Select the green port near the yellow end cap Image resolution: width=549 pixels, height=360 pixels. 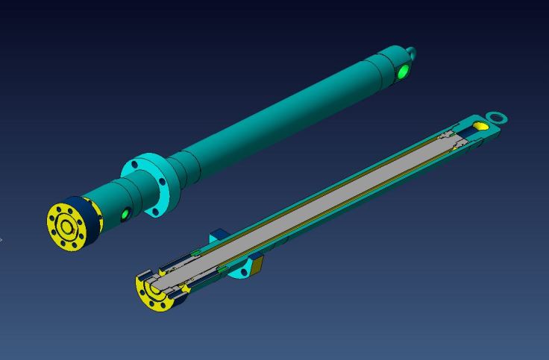(x=125, y=215)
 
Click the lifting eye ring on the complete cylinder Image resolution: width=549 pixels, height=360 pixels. (x=411, y=53)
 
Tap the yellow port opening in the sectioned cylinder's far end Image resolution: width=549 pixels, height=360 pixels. (x=481, y=127)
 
